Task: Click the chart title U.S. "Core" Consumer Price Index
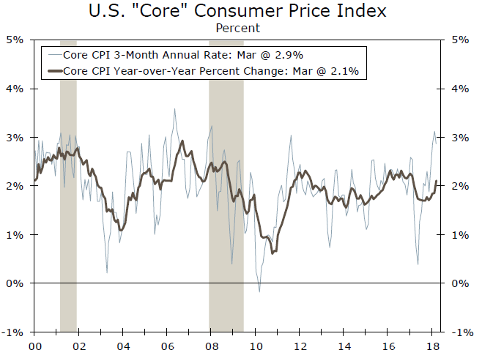[237, 12]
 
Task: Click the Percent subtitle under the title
[237, 28]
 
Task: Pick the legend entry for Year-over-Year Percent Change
[205, 71]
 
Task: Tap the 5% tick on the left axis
[16, 40]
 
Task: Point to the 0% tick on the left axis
[16, 283]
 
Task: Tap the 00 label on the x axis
[34, 346]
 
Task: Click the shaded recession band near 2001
[68, 183]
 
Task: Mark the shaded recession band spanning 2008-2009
[226, 183]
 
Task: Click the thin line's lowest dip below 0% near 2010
[259, 291]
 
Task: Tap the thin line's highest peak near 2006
[174, 109]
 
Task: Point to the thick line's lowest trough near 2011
[272, 253]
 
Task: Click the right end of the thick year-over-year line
[437, 181]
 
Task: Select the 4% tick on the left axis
[16, 89]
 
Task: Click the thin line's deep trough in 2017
[418, 264]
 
